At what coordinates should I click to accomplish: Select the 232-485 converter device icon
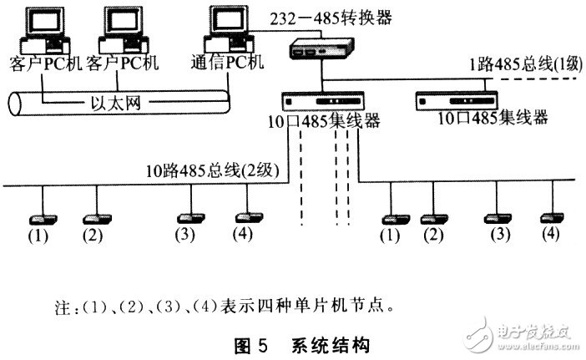click(313, 49)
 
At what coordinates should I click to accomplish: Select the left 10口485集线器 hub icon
click(316, 99)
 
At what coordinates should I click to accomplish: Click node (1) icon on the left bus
click(40, 219)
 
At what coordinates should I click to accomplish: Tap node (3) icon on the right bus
click(498, 218)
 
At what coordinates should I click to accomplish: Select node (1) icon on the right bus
click(390, 219)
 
